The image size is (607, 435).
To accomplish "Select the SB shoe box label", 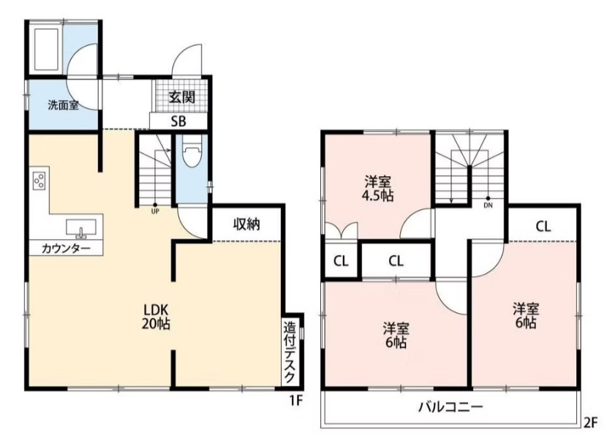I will point(178,121).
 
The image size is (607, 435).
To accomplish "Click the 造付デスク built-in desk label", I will point(290,352).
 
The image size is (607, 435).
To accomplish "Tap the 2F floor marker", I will point(591,422).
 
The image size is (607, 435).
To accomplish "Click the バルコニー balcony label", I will point(450,407).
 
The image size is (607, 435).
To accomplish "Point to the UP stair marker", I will point(155,211).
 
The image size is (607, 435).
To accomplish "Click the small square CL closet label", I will point(341,260).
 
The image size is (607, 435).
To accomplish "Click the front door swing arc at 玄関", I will point(189,58).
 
